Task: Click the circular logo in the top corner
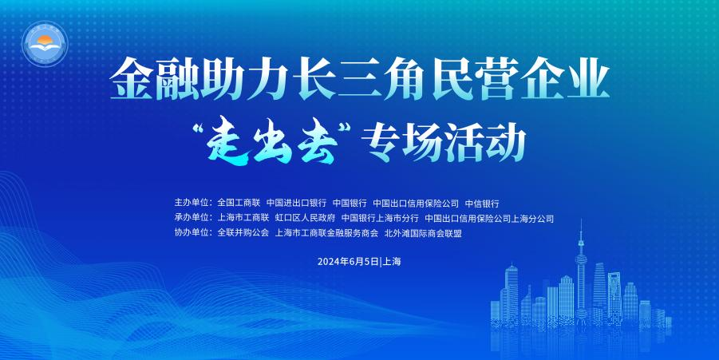(45, 44)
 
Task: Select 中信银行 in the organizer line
(482, 203)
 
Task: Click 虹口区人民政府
(305, 218)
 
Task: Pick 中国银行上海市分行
(380, 218)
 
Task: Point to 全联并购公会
(243, 233)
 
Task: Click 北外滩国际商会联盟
(423, 233)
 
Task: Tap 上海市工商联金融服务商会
(326, 233)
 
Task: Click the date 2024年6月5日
(348, 262)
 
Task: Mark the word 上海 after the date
(392, 262)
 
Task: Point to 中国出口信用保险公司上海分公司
(489, 218)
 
